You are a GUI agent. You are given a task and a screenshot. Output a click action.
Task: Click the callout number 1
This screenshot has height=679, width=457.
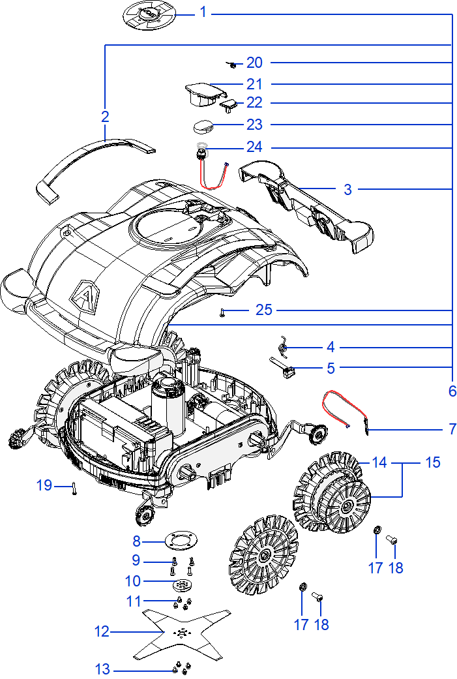pyautogui.click(x=203, y=12)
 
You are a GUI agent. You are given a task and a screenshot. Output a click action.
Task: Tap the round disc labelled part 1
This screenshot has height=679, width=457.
pyautogui.click(x=149, y=15)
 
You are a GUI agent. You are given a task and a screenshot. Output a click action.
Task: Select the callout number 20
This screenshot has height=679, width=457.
pyautogui.click(x=254, y=63)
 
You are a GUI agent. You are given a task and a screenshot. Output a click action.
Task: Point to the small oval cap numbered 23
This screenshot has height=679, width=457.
pyautogui.click(x=203, y=127)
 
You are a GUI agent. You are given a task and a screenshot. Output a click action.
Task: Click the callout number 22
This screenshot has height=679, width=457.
pyautogui.click(x=254, y=102)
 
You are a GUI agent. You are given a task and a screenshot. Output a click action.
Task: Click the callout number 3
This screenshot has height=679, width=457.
pyautogui.click(x=347, y=189)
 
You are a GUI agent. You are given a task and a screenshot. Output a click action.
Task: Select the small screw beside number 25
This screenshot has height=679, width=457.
pyautogui.click(x=222, y=312)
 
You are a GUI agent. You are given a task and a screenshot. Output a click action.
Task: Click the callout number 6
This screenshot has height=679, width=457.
pyautogui.click(x=452, y=391)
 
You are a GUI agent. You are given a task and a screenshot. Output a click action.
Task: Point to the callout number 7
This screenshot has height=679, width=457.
pyautogui.click(x=452, y=429)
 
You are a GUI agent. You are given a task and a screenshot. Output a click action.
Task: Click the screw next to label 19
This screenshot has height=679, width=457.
pyautogui.click(x=74, y=489)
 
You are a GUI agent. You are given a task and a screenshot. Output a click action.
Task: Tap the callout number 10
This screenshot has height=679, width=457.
pyautogui.click(x=133, y=581)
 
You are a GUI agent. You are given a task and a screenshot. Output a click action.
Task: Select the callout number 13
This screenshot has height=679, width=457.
pyautogui.click(x=102, y=669)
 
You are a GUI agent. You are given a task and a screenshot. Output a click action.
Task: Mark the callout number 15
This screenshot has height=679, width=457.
pyautogui.click(x=433, y=462)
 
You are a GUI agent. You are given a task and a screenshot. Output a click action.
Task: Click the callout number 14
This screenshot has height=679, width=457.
pyautogui.click(x=379, y=462)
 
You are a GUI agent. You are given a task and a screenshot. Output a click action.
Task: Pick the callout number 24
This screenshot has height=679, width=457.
pyautogui.click(x=254, y=147)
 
